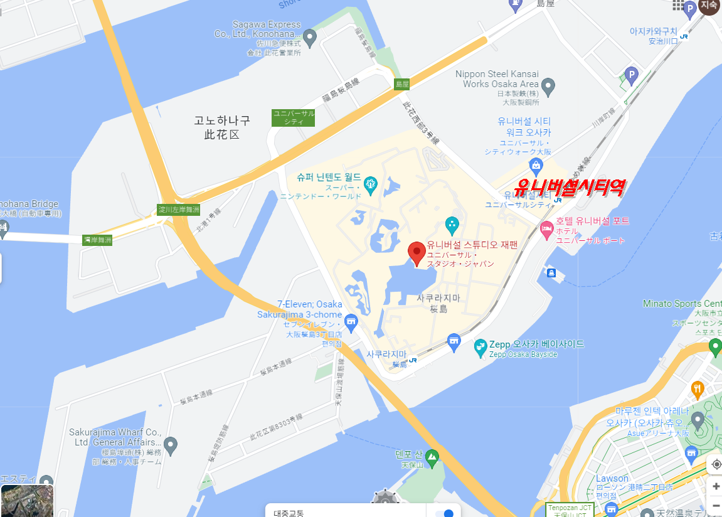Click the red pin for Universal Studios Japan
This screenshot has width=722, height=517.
pyautogui.click(x=417, y=253)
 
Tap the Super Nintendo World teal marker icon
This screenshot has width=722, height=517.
pyautogui.click(x=371, y=184)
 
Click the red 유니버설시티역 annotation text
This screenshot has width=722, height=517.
pyautogui.click(x=569, y=188)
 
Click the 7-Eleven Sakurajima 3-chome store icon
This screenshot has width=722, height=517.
pyautogui.click(x=351, y=321)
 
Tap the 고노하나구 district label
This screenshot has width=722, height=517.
pyautogui.click(x=222, y=127)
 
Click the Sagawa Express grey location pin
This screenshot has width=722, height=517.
pyautogui.click(x=309, y=36)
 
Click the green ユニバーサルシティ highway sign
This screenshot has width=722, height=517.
pyautogui.click(x=294, y=117)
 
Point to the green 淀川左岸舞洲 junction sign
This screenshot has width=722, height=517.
pyautogui.click(x=179, y=209)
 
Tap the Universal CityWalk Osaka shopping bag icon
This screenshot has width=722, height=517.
pyautogui.click(x=536, y=165)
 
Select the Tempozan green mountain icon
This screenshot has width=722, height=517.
pyautogui.click(x=431, y=456)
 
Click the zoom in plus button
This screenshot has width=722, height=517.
pyautogui.click(x=716, y=486)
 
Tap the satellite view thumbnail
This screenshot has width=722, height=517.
pyautogui.click(x=26, y=501)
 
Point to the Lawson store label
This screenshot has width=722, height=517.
pyautogui.click(x=612, y=479)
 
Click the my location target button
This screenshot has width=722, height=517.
pyautogui.click(x=716, y=464)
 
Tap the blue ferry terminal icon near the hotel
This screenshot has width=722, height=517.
pyautogui.click(x=551, y=273)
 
